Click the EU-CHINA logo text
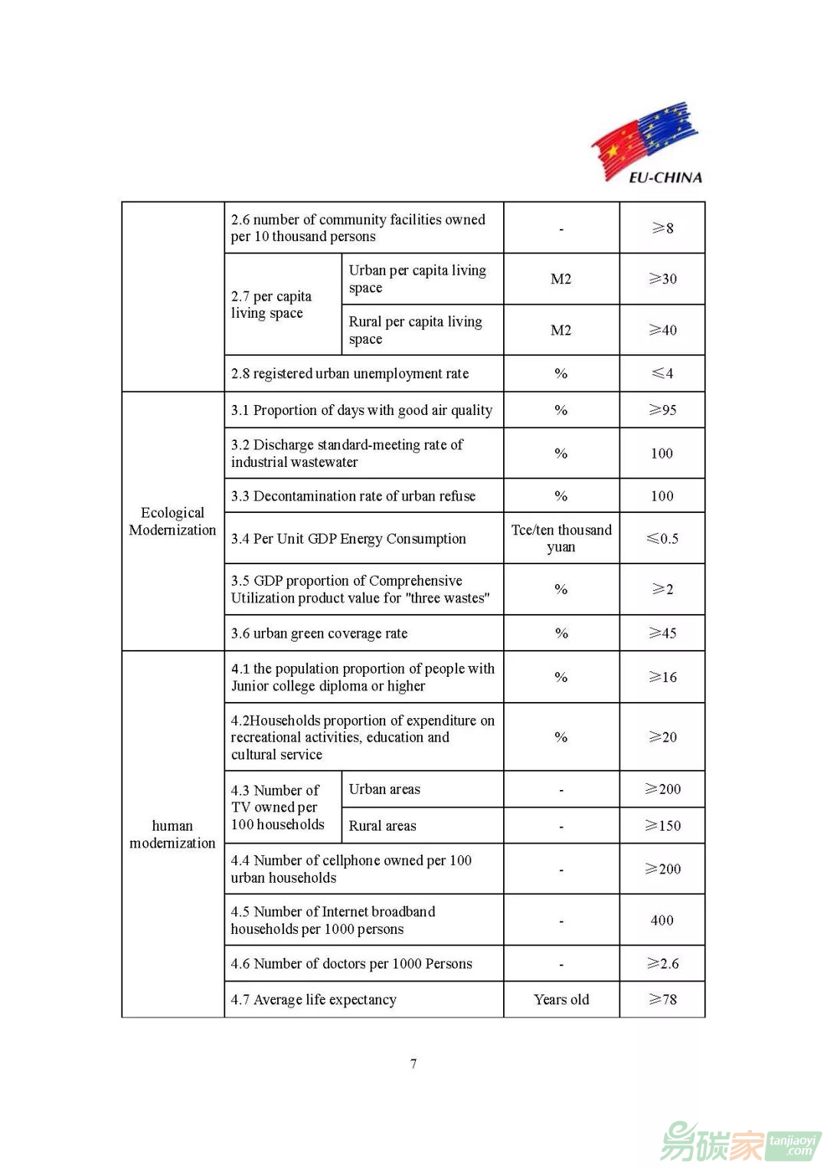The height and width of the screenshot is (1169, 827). coord(665,178)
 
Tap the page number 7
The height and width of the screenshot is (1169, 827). coord(413,1063)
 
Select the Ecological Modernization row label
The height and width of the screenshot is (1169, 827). coord(172,521)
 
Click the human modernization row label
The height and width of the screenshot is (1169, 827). coord(172,834)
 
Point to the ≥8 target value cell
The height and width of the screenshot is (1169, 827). coord(662,228)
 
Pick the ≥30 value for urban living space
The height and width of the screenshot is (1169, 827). coord(662,279)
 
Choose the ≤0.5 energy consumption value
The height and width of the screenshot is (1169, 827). coord(662,538)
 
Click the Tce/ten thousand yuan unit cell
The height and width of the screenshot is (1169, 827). coord(561,538)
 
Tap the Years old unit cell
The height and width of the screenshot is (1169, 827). coord(561,999)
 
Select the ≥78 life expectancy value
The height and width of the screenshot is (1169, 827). coord(662,999)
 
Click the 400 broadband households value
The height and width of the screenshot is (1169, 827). coord(662,920)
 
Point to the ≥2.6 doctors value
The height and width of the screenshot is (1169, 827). coord(662,963)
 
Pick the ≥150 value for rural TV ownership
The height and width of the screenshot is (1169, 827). coord(662,825)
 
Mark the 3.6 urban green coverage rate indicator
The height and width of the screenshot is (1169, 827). coord(319,633)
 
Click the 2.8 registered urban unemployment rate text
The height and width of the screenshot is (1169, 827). coord(350,374)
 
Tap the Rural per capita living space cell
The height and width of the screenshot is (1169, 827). coord(416,330)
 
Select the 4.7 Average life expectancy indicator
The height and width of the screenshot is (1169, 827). coord(314,999)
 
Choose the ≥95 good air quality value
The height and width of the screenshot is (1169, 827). coord(662,410)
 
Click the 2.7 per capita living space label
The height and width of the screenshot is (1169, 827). coord(271,305)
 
